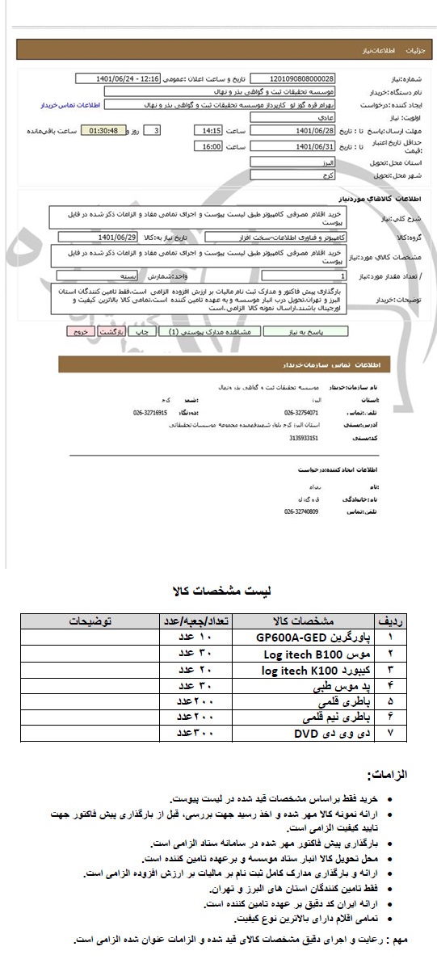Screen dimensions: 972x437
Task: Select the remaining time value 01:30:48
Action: (103, 130)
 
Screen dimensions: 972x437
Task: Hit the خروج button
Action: (78, 331)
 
